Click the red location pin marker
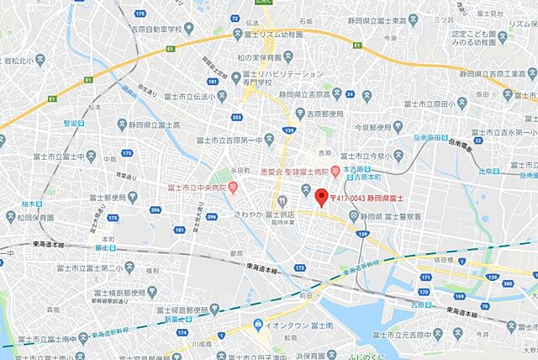(x=319, y=197)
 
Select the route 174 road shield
(x=182, y=332)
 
